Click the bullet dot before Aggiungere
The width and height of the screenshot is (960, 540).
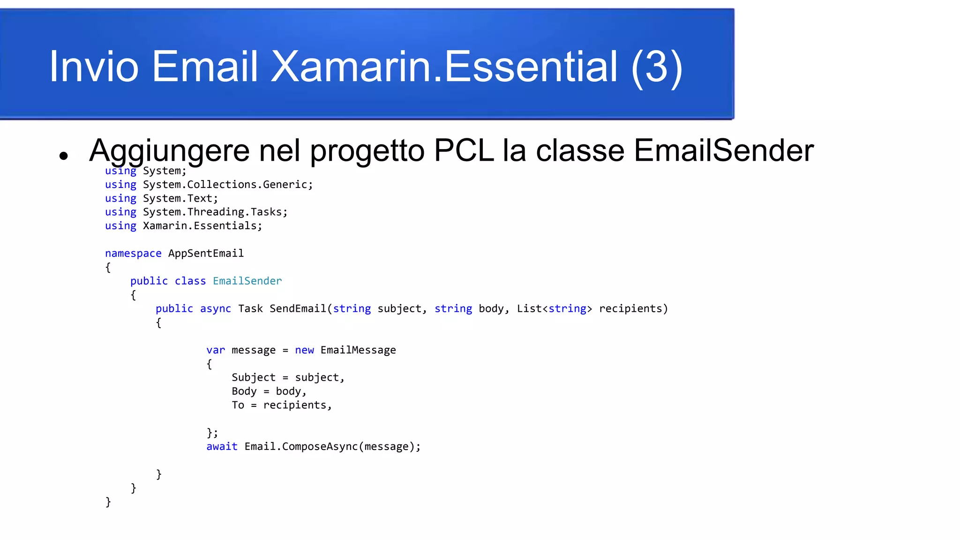pyautogui.click(x=64, y=156)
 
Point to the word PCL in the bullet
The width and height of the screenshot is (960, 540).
pyautogui.click(x=464, y=151)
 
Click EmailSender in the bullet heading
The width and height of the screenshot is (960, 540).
pyautogui.click(x=723, y=151)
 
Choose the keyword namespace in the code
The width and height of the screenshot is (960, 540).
pyautogui.click(x=133, y=254)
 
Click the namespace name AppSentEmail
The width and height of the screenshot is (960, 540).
pyautogui.click(x=206, y=254)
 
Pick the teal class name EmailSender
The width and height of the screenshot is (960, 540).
pyautogui.click(x=247, y=281)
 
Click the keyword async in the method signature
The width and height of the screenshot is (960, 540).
pyautogui.click(x=215, y=308)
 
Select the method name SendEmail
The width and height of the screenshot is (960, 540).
pyautogui.click(x=297, y=308)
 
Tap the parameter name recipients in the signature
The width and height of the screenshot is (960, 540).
pyautogui.click(x=631, y=308)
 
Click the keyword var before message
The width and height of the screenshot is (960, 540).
pyautogui.click(x=215, y=350)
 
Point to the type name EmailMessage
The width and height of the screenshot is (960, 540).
pyautogui.click(x=358, y=350)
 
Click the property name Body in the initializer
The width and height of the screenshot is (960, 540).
pyautogui.click(x=244, y=391)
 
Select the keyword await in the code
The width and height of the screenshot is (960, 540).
pyautogui.click(x=222, y=447)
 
